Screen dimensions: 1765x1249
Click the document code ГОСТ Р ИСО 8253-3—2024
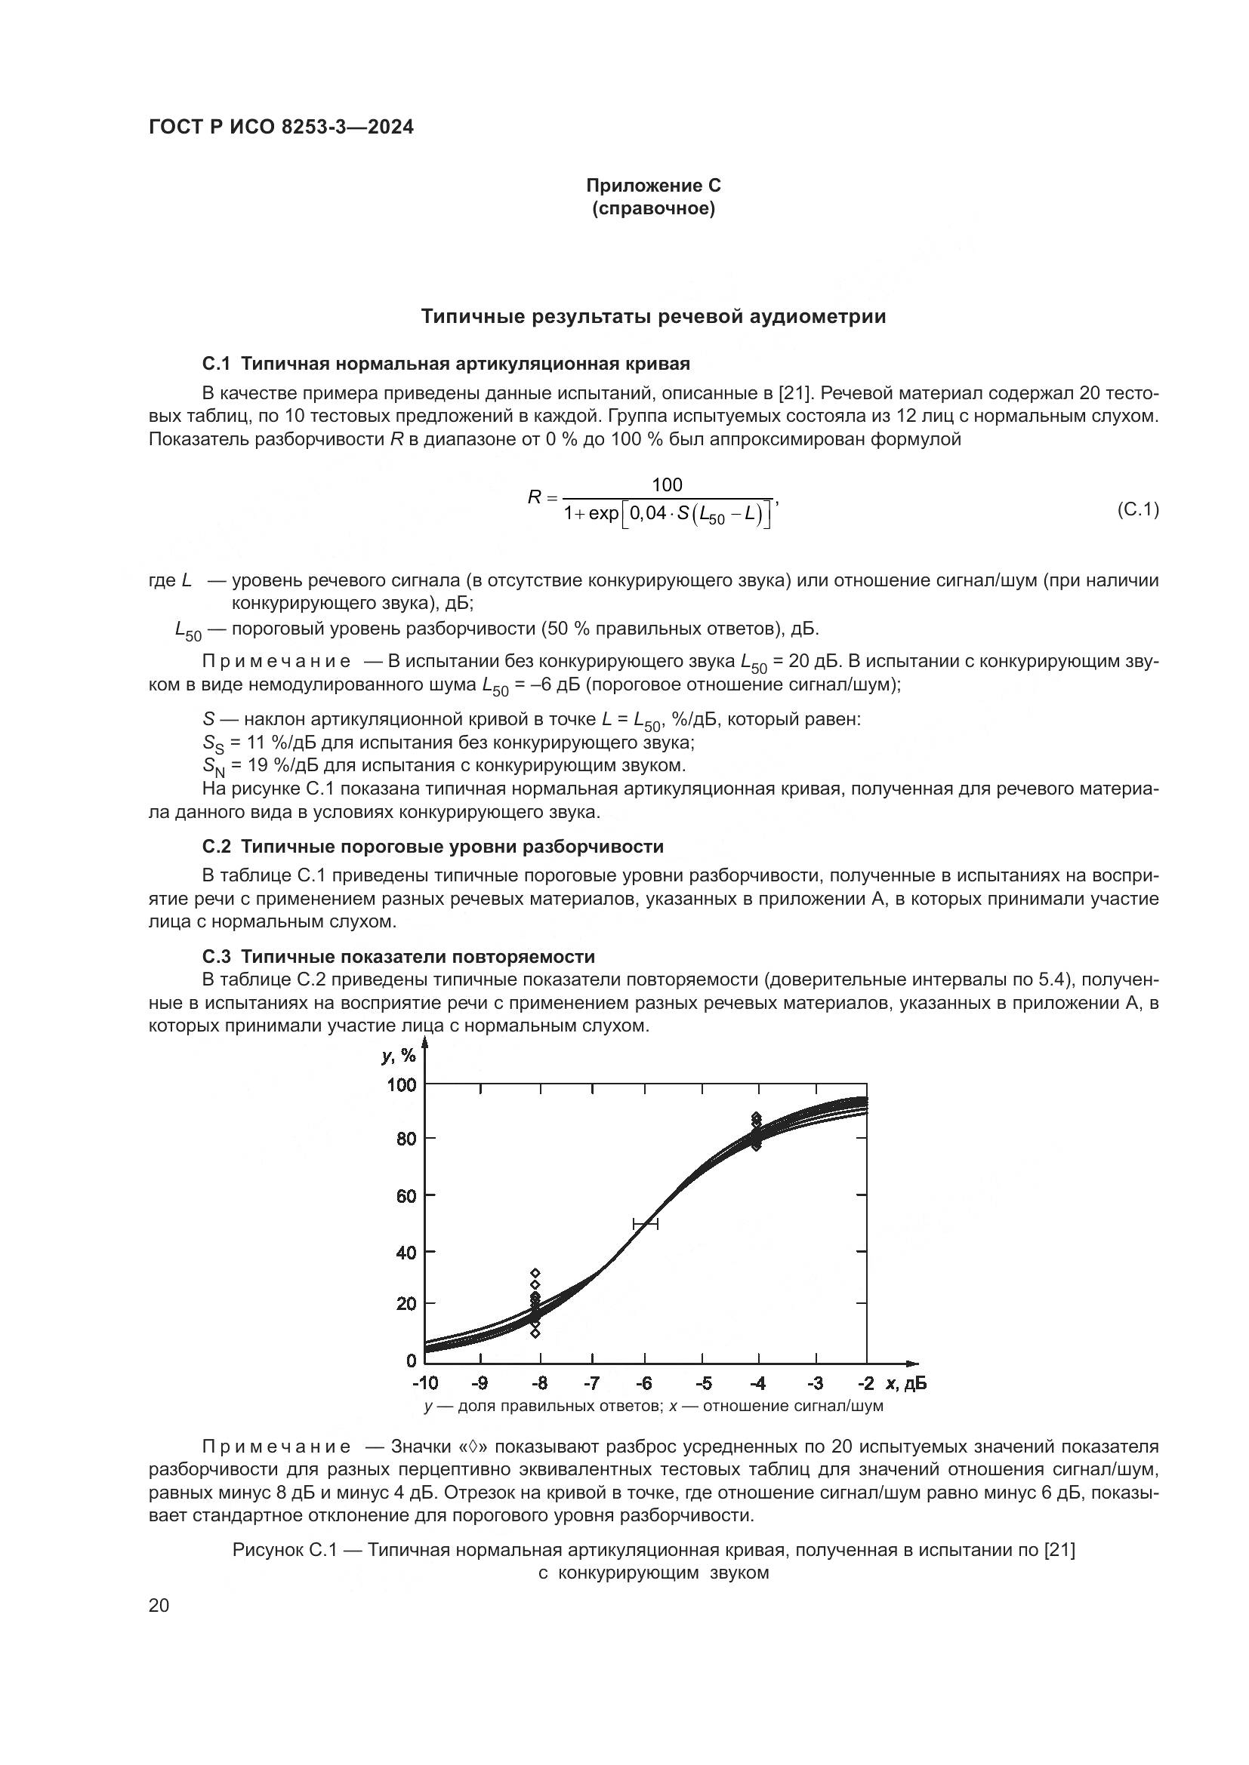tap(281, 127)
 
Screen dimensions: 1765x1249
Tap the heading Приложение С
tap(653, 186)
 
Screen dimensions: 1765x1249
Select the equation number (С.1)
tap(1136, 509)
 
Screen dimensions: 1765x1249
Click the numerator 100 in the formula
tap(667, 484)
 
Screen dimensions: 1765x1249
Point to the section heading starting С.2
tap(432, 847)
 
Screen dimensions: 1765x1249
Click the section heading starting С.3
tap(399, 956)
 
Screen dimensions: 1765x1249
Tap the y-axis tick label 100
tap(402, 1084)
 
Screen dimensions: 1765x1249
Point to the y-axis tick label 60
tap(406, 1195)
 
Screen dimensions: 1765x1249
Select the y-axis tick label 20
tap(406, 1304)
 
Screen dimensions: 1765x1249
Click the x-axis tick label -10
tap(424, 1384)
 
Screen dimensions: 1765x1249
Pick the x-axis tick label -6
tap(643, 1384)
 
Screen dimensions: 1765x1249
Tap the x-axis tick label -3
tap(816, 1384)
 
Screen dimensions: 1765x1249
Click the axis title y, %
tap(399, 1056)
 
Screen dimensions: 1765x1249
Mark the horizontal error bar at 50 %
tap(645, 1223)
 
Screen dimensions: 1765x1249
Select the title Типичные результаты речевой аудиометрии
tap(653, 317)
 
